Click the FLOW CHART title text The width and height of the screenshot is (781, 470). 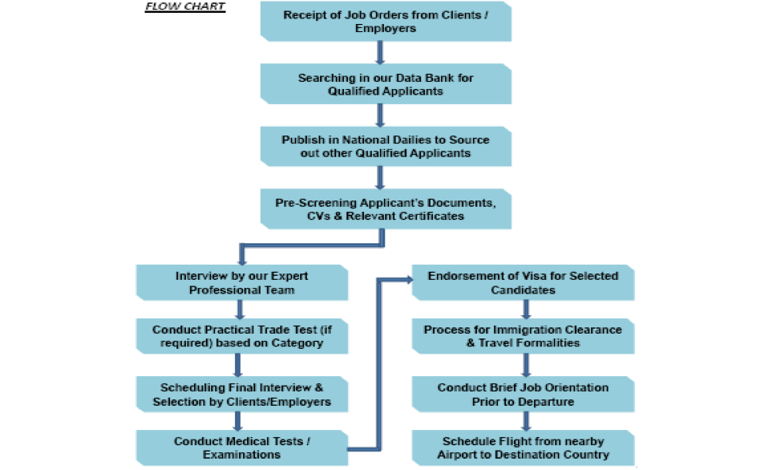click(185, 7)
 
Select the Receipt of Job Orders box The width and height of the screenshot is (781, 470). click(385, 22)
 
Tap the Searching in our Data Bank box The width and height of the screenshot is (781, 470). click(385, 84)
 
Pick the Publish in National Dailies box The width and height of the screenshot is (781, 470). click(385, 146)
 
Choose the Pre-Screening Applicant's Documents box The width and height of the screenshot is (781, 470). click(385, 209)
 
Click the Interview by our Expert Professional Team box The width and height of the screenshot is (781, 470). click(241, 282)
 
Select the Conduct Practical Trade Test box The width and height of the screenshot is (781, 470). click(241, 336)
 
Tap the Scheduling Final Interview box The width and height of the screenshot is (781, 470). click(241, 393)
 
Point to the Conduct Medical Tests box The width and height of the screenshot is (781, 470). click(241, 448)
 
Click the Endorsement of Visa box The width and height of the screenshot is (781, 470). click(523, 282)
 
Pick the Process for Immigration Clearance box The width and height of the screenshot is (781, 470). click(523, 336)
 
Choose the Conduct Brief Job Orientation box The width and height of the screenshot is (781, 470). click(523, 394)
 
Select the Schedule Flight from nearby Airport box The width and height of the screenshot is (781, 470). click(523, 448)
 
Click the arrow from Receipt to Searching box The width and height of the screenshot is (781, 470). click(381, 52)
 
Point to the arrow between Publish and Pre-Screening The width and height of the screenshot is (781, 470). click(381, 177)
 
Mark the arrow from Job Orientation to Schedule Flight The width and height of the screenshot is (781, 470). click(526, 421)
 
